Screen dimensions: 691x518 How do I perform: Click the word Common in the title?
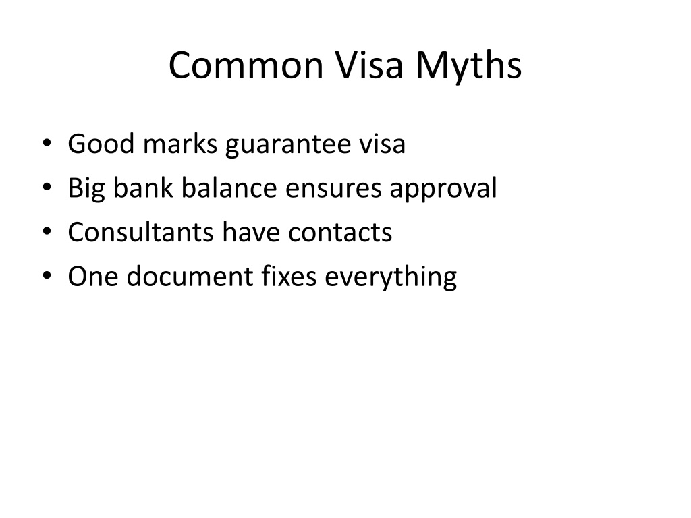click(246, 65)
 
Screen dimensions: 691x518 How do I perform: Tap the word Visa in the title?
click(369, 65)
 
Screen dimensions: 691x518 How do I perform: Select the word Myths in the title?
click(468, 67)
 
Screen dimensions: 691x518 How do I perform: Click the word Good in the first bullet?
click(101, 144)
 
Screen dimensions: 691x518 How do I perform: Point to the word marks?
click(180, 144)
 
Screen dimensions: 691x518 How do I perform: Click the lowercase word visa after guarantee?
click(382, 144)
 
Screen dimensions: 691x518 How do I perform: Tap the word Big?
click(86, 190)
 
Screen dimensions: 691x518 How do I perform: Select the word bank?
click(143, 188)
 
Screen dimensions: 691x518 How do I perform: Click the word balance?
click(229, 188)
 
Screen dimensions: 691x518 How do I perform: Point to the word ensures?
click(333, 190)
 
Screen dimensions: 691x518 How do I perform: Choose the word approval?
click(443, 190)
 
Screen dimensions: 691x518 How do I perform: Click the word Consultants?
click(141, 232)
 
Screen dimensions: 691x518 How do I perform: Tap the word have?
click(251, 232)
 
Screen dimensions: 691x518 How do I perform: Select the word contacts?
click(340, 233)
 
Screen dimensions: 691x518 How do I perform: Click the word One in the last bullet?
click(93, 276)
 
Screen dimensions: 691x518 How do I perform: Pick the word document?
click(190, 276)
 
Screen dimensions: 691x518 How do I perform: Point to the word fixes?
click(289, 276)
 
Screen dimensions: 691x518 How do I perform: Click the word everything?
click(391, 278)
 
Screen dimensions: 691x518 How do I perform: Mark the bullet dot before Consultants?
click(47, 231)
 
